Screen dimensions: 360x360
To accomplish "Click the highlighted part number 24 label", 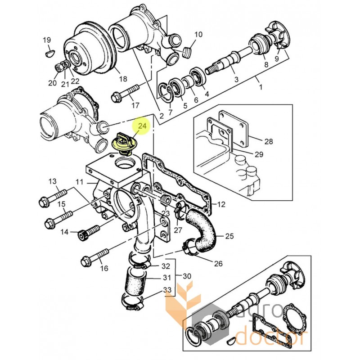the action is coord(142,126).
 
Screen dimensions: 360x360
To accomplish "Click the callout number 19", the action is coord(47,40).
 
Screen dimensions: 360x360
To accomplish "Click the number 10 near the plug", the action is coord(198,35).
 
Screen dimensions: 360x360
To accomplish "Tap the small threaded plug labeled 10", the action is coord(188,53).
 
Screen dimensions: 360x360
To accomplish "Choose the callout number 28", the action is coord(269,141).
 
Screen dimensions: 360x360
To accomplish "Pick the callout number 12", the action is coord(221,204).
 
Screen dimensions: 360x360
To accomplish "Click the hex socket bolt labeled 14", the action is coord(89,232).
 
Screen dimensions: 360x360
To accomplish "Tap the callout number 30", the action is coord(187,276).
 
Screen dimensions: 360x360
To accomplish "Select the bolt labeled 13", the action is coord(53,198).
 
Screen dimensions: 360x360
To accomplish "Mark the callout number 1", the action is coord(261,87).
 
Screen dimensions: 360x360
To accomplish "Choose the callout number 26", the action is coord(218,263).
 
